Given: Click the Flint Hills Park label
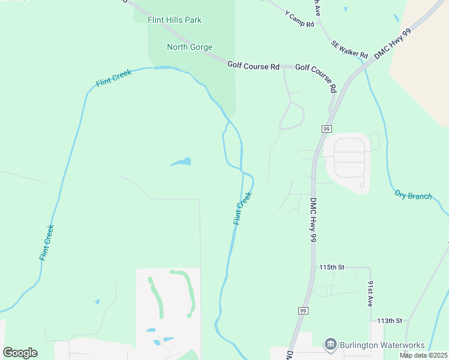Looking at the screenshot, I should pyautogui.click(x=175, y=20).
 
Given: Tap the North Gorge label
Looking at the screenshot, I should pyautogui.click(x=189, y=47).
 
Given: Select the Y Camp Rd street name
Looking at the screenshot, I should pyautogui.click(x=300, y=20).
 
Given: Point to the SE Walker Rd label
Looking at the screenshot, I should pyautogui.click(x=349, y=49).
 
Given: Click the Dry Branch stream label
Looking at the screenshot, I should pyautogui.click(x=413, y=195).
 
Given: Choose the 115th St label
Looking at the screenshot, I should pyautogui.click(x=331, y=267).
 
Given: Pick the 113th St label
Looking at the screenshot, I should pyautogui.click(x=389, y=321).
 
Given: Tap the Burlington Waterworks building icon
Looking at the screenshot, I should pyautogui.click(x=330, y=345).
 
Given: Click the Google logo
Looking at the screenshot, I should pyautogui.click(x=20, y=352).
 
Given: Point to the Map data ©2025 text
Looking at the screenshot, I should pyautogui.click(x=423, y=355).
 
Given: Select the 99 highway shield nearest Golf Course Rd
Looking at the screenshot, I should pyautogui.click(x=327, y=128).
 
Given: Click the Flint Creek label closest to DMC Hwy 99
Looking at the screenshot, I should pyautogui.click(x=243, y=208).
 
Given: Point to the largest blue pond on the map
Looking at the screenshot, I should pyautogui.click(x=181, y=161).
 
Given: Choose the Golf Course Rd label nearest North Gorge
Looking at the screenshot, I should pyautogui.click(x=253, y=65).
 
